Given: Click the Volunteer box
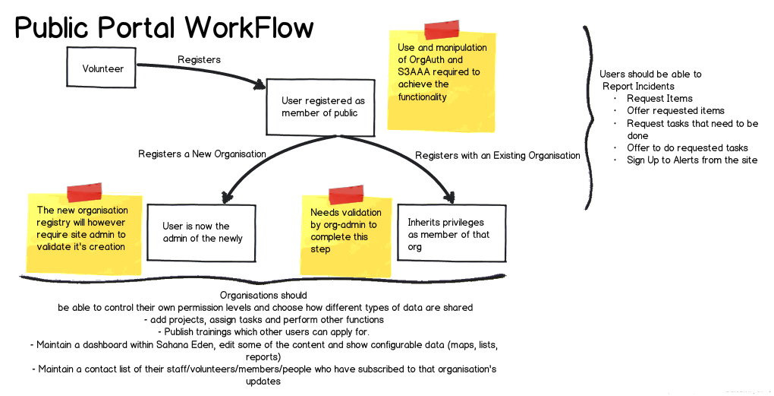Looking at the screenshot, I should click(x=103, y=68).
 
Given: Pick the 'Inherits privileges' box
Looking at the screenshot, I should click(x=450, y=234).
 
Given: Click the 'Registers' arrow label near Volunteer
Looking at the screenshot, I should click(x=199, y=59).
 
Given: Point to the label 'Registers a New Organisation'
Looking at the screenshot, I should click(x=202, y=154).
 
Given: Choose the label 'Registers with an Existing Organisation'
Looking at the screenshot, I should click(x=497, y=156).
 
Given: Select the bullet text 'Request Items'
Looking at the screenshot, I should click(x=659, y=98).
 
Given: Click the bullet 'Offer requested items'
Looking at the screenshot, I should click(x=675, y=110).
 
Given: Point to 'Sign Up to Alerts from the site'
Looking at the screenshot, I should click(x=692, y=160).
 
